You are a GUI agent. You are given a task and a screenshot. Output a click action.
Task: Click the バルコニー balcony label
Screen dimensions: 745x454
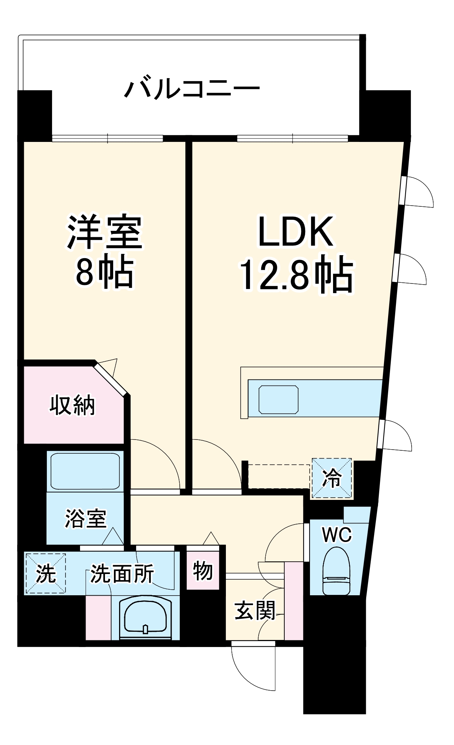[x=192, y=89]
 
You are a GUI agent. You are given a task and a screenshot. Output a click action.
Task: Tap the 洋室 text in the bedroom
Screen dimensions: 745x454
[x=105, y=233]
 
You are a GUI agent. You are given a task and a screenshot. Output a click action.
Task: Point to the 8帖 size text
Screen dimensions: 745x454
[x=105, y=272]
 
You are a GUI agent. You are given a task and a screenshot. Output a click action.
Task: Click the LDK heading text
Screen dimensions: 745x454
[x=296, y=232]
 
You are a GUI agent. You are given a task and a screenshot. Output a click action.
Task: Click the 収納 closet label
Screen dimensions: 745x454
[x=73, y=405]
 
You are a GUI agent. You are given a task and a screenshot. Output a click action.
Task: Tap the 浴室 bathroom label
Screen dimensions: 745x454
[x=86, y=519]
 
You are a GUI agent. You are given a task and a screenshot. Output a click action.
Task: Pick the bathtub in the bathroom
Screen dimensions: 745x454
[x=85, y=471]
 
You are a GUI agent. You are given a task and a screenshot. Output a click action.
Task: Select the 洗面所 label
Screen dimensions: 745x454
[x=122, y=574]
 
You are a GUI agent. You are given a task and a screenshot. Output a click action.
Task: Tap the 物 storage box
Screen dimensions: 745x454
[x=203, y=571]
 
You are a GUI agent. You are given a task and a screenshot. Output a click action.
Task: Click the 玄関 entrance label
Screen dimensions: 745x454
[x=255, y=611]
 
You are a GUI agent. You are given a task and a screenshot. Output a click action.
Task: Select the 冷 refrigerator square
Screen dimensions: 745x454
[x=332, y=478]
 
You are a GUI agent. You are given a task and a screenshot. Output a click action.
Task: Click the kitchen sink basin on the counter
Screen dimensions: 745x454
[x=279, y=400]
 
